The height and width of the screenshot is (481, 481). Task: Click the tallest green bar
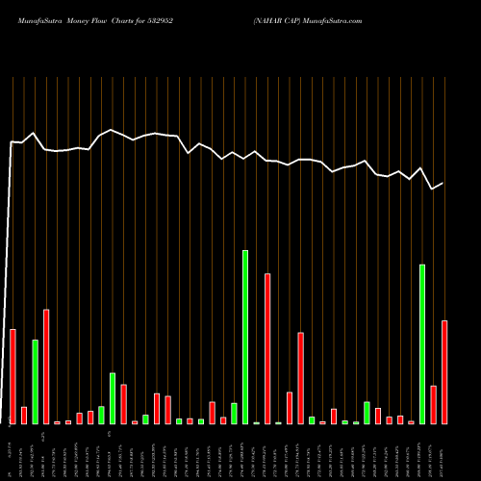[245, 337]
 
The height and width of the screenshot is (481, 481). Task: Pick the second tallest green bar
[422, 343]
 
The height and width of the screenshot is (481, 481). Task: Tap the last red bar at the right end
[444, 371]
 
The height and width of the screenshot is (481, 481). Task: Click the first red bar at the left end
[13, 376]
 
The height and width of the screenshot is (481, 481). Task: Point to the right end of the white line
[443, 183]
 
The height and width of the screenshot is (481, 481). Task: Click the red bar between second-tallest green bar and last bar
[434, 404]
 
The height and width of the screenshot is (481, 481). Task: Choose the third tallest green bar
[36, 381]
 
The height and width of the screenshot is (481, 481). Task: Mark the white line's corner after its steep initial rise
[12, 142]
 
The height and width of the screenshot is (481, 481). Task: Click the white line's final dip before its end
[433, 189]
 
